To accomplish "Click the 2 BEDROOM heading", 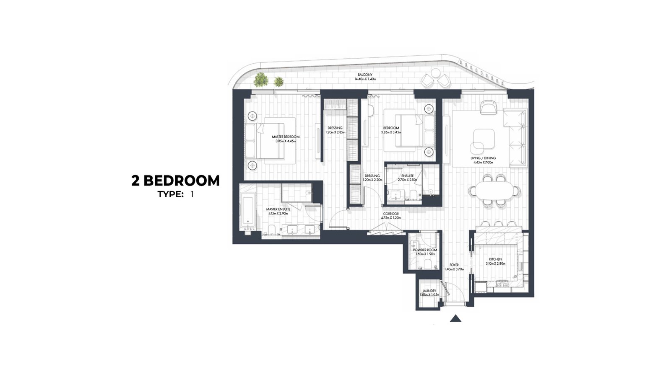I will click(x=175, y=181).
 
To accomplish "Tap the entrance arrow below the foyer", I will click(x=455, y=318).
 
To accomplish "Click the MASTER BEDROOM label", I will click(x=286, y=137).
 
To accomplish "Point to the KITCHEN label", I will click(x=495, y=259).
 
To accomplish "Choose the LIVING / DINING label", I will click(x=483, y=158).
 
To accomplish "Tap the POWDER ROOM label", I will click(x=425, y=250).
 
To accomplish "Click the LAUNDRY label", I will click(x=429, y=291).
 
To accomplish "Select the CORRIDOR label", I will click(x=390, y=214).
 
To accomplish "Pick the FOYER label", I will click(x=454, y=265).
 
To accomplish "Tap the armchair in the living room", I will click(x=488, y=107).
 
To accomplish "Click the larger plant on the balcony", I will click(x=261, y=79).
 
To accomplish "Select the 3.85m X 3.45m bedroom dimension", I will click(x=391, y=132).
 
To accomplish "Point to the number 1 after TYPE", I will click(x=191, y=194).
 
